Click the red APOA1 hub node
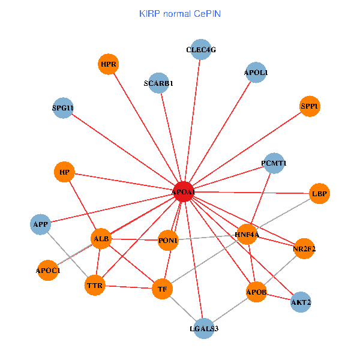183,191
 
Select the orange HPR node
109,64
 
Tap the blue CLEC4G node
200,50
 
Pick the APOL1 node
256,73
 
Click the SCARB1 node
158,83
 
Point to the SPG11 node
62,108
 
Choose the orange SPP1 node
310,107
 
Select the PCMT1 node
274,163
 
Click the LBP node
319,194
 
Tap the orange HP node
65,173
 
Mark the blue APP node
41,224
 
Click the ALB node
101,239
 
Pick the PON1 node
168,241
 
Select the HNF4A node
247,235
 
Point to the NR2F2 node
304,248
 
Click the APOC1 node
49,271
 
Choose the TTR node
95,285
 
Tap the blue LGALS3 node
204,328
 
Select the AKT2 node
301,302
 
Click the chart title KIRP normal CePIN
179,13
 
